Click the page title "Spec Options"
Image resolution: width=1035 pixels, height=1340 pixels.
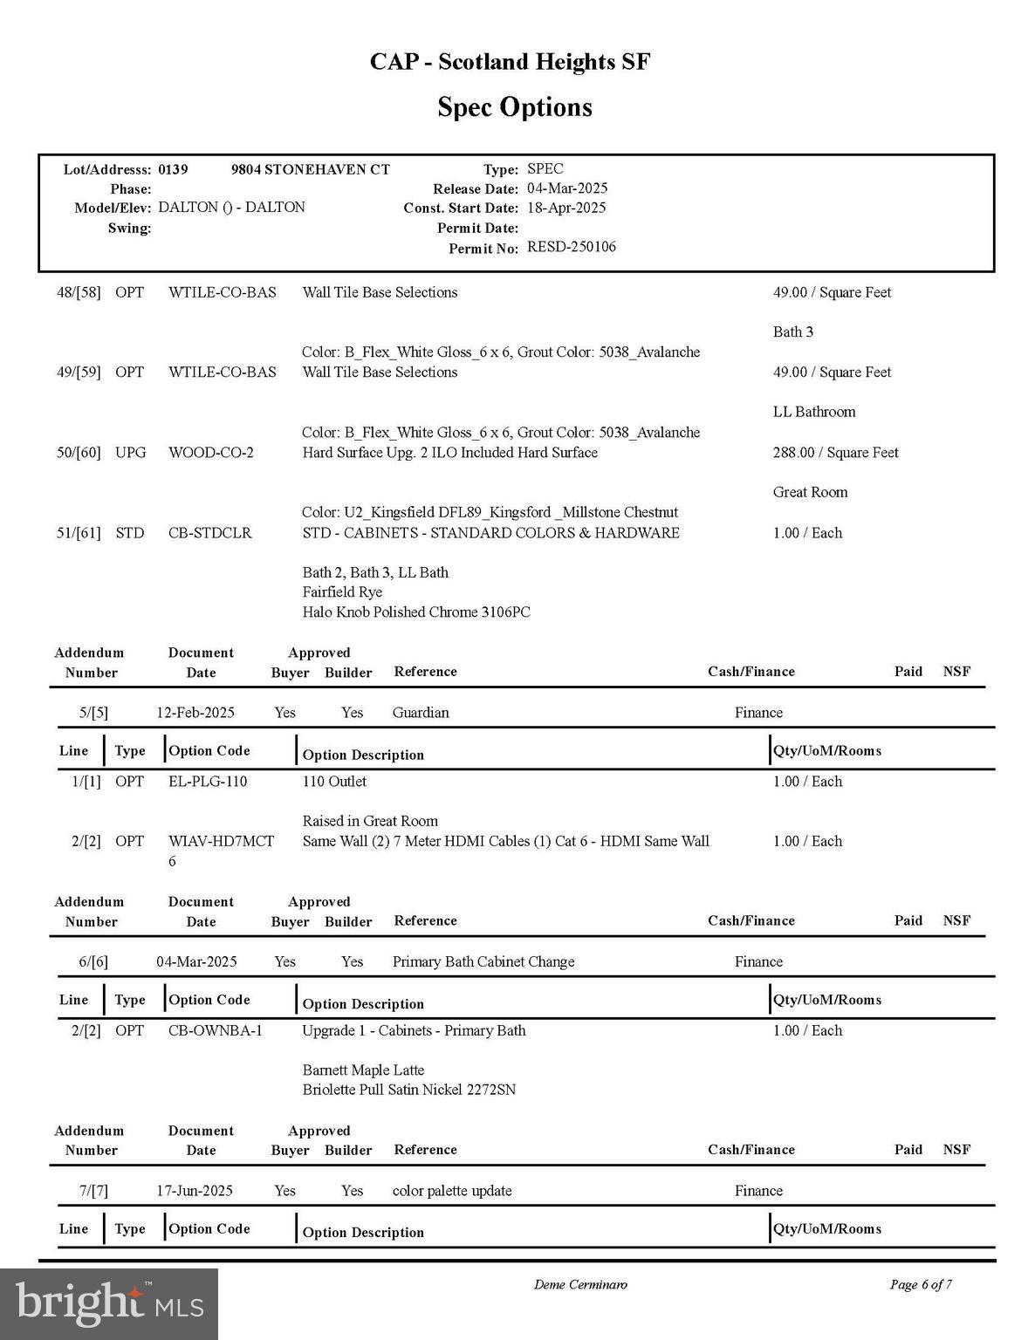514,107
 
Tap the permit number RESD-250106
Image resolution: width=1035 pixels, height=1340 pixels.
571,247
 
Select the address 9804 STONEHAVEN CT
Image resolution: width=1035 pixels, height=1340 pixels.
310,169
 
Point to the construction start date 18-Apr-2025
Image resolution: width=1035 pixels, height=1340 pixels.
565,208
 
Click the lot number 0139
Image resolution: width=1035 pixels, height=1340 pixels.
173,169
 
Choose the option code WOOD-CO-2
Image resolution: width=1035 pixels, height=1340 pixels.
210,452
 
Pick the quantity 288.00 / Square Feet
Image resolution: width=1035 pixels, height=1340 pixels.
835,452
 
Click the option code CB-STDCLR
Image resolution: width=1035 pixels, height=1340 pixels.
209,532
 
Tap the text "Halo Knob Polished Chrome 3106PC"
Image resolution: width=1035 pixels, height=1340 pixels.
415,612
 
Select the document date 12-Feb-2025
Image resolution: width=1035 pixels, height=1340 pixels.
195,712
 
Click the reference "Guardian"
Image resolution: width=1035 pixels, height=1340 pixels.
421,712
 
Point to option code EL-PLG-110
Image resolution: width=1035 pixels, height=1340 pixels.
208,781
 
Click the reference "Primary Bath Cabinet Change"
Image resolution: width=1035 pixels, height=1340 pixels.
483,961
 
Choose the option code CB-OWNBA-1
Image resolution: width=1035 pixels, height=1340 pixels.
215,1030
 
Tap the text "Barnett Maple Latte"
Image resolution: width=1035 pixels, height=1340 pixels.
363,1070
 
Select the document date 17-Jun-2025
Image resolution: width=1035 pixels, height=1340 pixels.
195,1190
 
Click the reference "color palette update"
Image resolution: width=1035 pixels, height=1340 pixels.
451,1190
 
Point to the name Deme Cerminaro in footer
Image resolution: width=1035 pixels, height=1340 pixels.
579,1284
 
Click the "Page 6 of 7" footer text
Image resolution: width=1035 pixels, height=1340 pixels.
920,1284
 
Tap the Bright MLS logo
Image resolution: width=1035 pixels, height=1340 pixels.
109,1303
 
